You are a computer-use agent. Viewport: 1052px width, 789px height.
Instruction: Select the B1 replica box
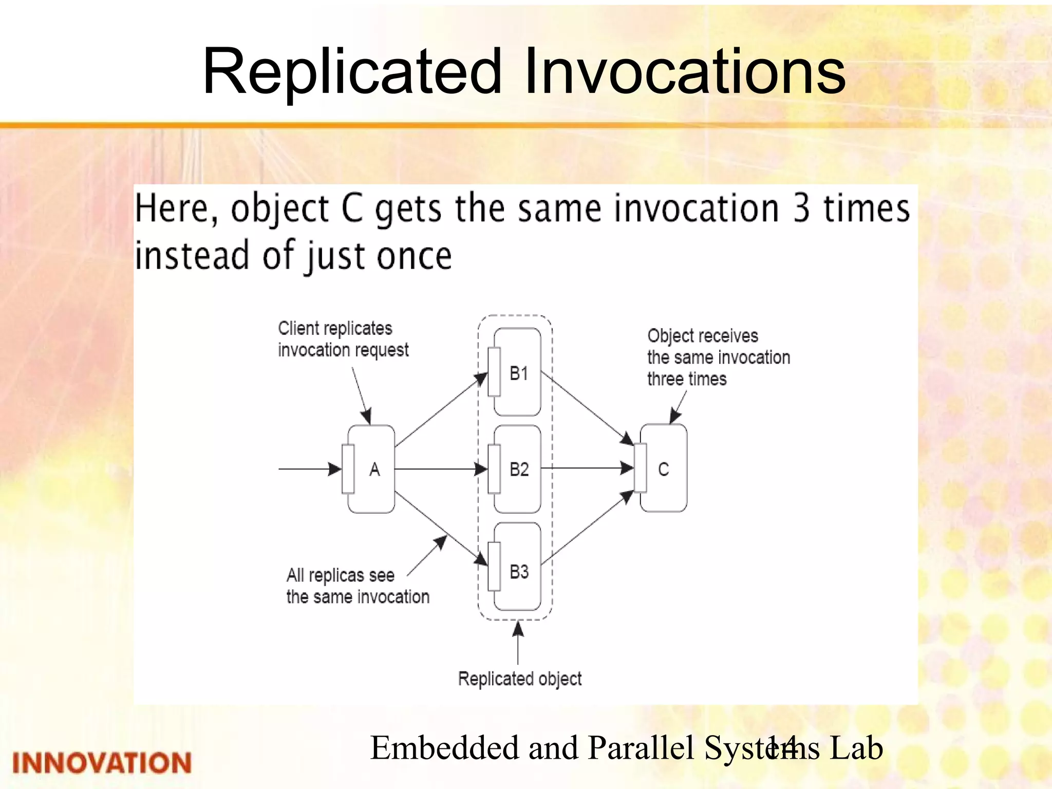(x=517, y=372)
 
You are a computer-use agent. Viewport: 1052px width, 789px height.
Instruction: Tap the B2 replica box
(x=517, y=469)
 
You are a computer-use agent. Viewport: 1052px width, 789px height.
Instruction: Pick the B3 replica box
(x=517, y=567)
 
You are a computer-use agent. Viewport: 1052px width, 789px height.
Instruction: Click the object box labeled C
(x=663, y=468)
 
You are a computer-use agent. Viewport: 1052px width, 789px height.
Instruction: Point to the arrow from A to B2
(x=439, y=469)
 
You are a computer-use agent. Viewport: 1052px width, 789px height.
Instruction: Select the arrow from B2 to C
(x=586, y=468)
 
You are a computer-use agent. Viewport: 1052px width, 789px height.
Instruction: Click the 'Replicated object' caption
(x=520, y=679)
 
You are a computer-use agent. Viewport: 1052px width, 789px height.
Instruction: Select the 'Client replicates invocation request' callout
(x=343, y=339)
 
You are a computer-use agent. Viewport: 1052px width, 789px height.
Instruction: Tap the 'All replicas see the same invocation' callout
(x=358, y=586)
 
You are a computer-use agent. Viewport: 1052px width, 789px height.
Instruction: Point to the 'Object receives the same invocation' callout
(x=718, y=358)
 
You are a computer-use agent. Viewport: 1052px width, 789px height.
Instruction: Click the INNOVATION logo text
(x=102, y=763)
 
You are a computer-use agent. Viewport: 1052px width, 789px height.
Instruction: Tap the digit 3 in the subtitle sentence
(x=801, y=209)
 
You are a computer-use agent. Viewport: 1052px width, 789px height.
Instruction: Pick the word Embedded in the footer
(x=444, y=748)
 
